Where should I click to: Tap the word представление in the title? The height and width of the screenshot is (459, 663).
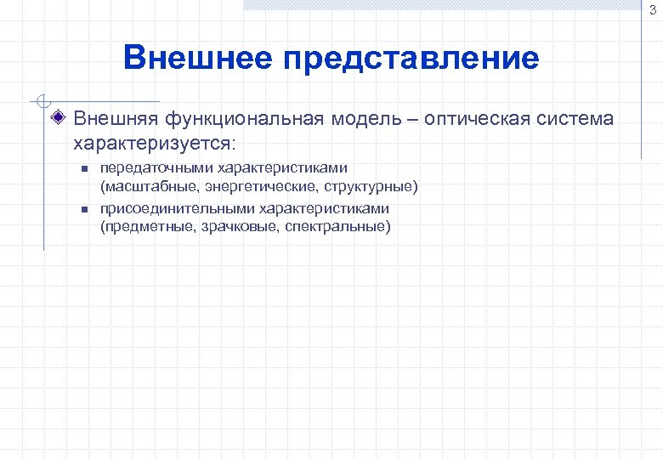point(411,59)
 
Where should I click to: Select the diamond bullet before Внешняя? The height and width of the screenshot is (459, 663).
point(59,118)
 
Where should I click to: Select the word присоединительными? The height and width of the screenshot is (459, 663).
point(176,208)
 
